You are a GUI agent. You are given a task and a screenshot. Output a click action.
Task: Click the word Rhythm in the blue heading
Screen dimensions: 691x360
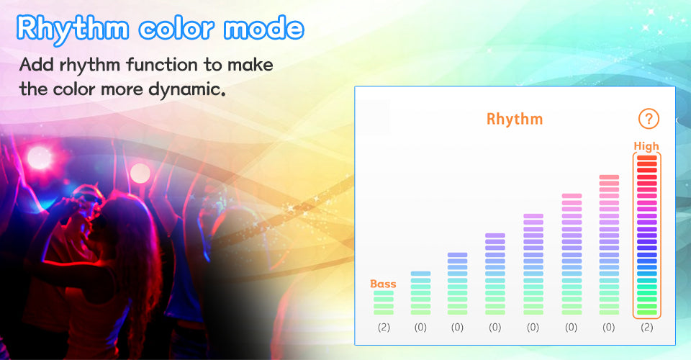coord(73,29)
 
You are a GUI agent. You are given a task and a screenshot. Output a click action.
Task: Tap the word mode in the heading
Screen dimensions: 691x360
coord(263,28)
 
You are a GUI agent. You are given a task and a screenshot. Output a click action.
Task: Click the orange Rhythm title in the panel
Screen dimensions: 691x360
coord(514,119)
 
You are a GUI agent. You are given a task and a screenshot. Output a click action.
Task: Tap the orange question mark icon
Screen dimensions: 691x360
coord(649,119)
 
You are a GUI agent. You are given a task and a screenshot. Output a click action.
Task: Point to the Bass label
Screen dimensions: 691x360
coord(383,284)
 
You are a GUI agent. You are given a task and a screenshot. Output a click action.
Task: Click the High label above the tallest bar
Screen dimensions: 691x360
coord(646,146)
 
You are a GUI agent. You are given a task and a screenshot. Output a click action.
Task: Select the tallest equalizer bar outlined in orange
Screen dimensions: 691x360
coord(647,235)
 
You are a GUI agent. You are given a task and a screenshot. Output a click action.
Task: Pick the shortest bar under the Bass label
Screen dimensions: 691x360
coord(384,302)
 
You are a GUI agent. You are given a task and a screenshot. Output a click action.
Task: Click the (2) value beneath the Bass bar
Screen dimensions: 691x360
coord(384,328)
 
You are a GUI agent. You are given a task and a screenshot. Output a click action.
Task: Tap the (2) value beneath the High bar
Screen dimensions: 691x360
coord(647,328)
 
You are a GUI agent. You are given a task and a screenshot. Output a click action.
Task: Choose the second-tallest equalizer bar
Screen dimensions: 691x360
coord(609,245)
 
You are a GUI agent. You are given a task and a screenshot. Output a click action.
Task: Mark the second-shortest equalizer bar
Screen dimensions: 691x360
coord(420,293)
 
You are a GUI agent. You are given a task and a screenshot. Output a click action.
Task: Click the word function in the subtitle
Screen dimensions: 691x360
coord(162,65)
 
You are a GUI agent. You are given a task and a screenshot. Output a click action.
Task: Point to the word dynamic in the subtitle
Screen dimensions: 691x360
coord(187,89)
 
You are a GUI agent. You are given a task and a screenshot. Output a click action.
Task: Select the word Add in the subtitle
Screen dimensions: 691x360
coord(37,65)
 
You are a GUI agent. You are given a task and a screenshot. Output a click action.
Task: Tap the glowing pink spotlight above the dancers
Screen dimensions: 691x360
coord(39,157)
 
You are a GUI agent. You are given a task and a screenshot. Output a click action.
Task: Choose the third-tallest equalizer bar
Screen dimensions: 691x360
coord(572,254)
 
